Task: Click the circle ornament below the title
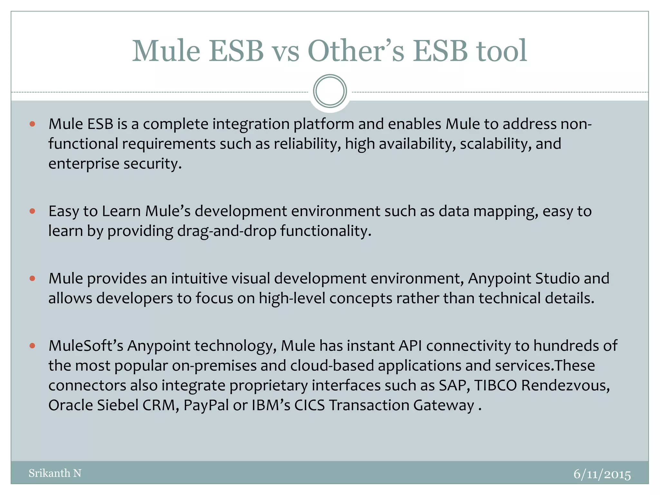(330, 91)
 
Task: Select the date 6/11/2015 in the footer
(602, 474)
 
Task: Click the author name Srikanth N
(55, 473)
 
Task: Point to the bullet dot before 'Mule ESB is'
(32, 124)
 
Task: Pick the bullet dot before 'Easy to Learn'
(32, 211)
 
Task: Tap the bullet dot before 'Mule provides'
(32, 278)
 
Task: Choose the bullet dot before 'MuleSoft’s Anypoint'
(32, 346)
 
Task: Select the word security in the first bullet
(152, 164)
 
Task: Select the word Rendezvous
(565, 385)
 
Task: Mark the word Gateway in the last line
(444, 405)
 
